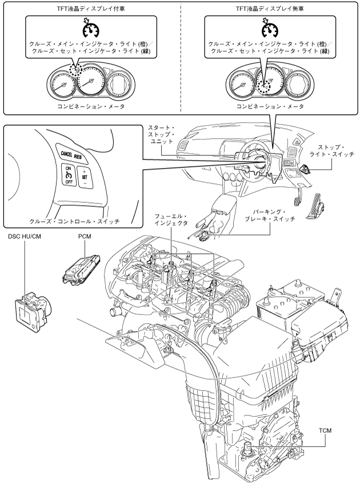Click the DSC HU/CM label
(25, 237)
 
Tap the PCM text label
(85, 237)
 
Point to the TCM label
(325, 430)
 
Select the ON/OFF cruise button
(68, 175)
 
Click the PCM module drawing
(81, 270)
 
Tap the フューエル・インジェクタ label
(171, 220)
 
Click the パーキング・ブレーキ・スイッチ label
(270, 215)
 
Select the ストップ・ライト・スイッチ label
(331, 151)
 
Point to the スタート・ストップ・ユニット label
(161, 134)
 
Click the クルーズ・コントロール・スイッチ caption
(74, 221)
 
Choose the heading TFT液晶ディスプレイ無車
(270, 9)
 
